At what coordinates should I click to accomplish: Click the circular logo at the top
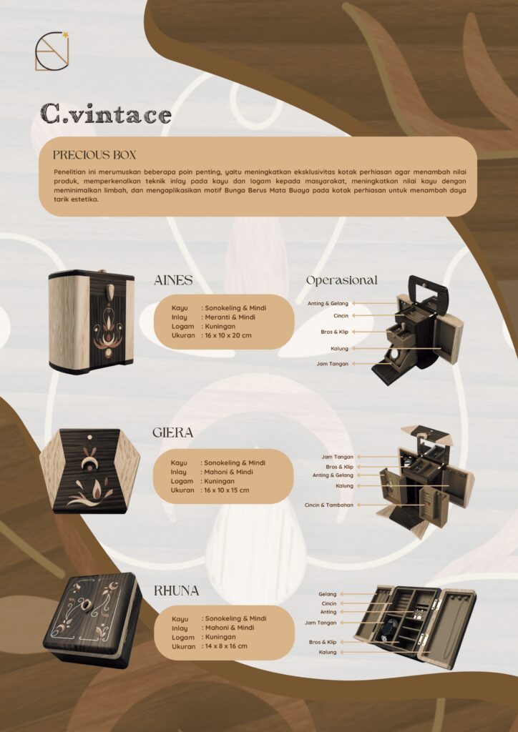pyautogui.click(x=52, y=51)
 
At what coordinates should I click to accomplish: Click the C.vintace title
pyautogui.click(x=106, y=114)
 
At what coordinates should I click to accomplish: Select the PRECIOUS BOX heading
pyautogui.click(x=94, y=155)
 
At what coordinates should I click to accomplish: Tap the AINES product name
pyautogui.click(x=173, y=280)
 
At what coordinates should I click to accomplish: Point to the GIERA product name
pyautogui.click(x=173, y=432)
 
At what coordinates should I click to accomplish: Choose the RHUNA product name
pyautogui.click(x=177, y=591)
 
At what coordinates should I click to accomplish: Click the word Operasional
pyautogui.click(x=341, y=280)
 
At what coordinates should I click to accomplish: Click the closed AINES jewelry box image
pyautogui.click(x=92, y=322)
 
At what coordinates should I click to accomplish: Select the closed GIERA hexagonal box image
pyautogui.click(x=90, y=470)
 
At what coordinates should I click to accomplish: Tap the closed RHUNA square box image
pyautogui.click(x=92, y=620)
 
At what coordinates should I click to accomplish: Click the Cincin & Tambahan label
pyautogui.click(x=329, y=505)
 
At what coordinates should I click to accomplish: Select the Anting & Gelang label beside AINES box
pyautogui.click(x=328, y=303)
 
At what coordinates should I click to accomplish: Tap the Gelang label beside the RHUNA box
pyautogui.click(x=328, y=594)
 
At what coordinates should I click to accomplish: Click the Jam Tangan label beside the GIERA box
pyautogui.click(x=337, y=457)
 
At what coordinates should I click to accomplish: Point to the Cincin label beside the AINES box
pyautogui.click(x=341, y=316)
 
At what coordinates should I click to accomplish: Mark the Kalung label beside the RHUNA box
pyautogui.click(x=328, y=652)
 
